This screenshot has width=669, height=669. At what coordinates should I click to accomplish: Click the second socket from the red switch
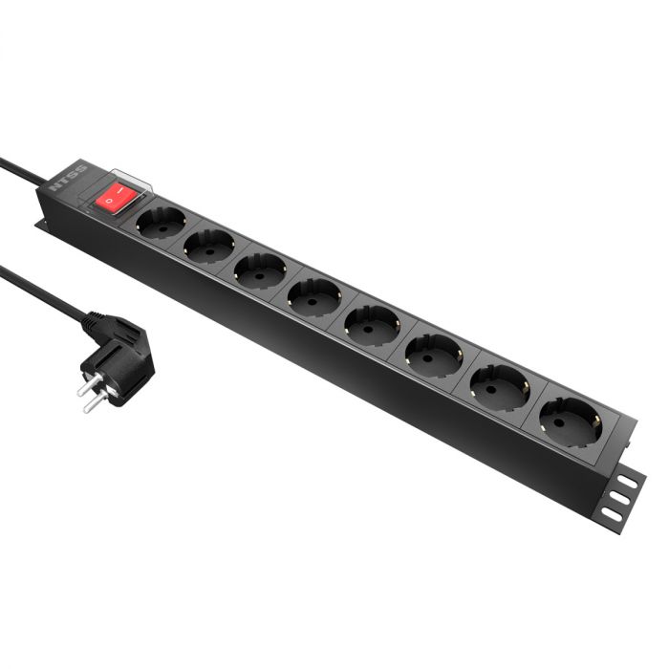click(x=208, y=247)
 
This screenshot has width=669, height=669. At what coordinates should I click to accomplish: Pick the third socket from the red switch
click(x=260, y=270)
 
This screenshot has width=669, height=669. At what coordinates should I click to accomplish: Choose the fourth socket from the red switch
click(x=314, y=296)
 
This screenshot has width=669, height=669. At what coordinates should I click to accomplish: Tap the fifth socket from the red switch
click(x=372, y=325)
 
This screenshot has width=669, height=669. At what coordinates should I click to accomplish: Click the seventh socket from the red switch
click(x=499, y=386)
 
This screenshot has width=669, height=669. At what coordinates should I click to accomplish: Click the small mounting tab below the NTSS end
click(x=43, y=226)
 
